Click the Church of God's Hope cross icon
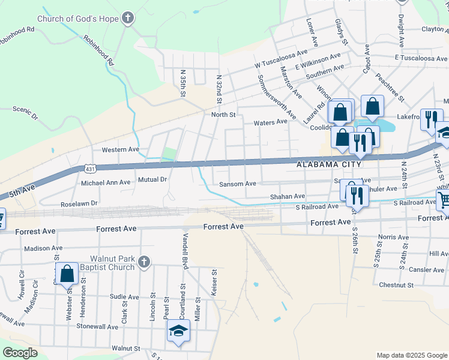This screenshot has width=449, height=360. [x=127, y=18]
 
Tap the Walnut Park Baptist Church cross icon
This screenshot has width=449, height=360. [x=143, y=262]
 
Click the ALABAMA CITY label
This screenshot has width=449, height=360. [x=329, y=164]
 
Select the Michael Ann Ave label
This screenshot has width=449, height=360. [x=105, y=182]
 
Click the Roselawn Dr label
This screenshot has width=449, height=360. [x=79, y=204]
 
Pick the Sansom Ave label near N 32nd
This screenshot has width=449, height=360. [x=238, y=184]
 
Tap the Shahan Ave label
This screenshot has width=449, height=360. [x=288, y=196]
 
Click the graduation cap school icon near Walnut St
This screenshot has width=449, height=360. [x=178, y=331]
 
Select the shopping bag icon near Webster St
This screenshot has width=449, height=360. [x=67, y=274]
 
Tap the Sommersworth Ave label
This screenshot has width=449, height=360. [x=276, y=96]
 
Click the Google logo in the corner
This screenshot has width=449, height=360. [x=20, y=353]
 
